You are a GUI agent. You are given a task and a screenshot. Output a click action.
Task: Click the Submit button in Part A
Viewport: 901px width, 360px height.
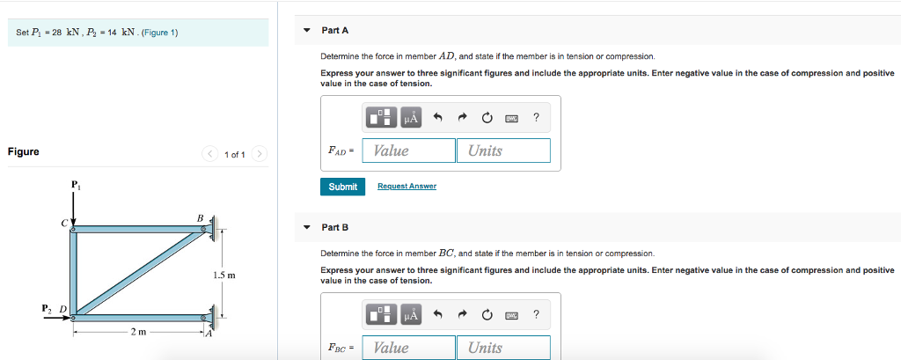(342, 187)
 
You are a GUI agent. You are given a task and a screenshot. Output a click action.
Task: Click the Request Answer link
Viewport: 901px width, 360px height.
(407, 187)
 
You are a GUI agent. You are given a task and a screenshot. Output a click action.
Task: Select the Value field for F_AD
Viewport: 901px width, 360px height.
(408, 151)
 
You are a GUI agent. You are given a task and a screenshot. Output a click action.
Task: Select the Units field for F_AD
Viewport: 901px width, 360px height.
(502, 151)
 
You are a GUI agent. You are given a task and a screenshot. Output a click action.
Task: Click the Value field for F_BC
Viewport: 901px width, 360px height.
(408, 348)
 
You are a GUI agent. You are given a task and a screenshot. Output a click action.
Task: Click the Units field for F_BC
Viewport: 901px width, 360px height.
(502, 348)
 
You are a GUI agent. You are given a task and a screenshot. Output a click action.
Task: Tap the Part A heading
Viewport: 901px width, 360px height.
(335, 30)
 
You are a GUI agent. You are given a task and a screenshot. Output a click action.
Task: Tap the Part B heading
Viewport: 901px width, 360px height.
(335, 227)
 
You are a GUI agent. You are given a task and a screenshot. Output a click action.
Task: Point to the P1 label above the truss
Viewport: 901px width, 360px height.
(75, 186)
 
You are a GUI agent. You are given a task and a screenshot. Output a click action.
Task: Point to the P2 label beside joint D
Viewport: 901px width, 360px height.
(48, 308)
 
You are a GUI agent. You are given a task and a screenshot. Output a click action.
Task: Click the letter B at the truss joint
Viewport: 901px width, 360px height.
(200, 217)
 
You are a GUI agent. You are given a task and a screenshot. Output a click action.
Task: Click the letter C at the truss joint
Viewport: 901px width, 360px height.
(64, 224)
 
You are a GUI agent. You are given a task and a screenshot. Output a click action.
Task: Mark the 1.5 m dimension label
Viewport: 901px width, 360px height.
(223, 276)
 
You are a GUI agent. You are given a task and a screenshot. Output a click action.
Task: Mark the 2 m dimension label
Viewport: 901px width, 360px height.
(138, 332)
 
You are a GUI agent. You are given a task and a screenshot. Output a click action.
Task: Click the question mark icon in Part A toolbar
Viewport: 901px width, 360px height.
(536, 116)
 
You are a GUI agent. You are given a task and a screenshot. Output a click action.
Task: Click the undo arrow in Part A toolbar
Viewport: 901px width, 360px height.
(437, 116)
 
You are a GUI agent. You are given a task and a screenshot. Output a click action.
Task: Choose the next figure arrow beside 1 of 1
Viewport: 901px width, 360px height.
(259, 155)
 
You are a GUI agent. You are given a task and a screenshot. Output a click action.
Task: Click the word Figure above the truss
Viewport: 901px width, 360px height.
(24, 151)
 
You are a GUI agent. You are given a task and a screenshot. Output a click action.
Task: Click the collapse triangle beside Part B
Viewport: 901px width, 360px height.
(306, 227)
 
